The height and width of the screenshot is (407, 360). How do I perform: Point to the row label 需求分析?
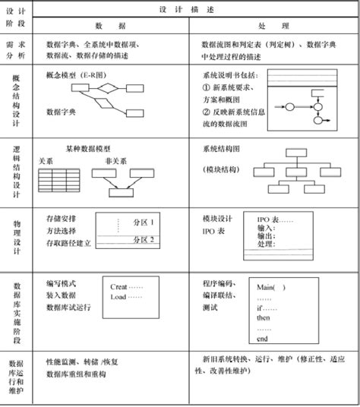(17, 51)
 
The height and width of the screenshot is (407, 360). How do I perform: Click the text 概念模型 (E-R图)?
(74, 76)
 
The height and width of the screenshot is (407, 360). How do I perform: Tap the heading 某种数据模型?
(88, 150)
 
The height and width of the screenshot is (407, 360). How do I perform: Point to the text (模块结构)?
(222, 168)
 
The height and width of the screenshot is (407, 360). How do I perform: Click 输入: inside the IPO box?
(266, 228)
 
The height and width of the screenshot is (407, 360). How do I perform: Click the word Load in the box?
(118, 297)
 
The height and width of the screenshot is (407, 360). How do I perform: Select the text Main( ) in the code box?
(271, 287)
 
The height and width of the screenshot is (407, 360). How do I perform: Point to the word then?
(264, 318)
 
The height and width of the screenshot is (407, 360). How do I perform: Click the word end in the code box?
(263, 339)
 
